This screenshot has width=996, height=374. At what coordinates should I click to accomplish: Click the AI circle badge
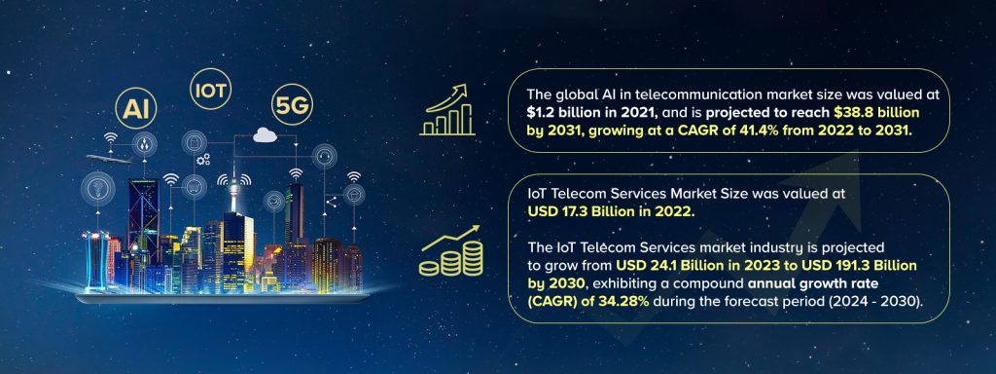tap(135, 103)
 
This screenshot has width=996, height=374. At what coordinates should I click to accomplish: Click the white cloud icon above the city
tap(265, 137)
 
